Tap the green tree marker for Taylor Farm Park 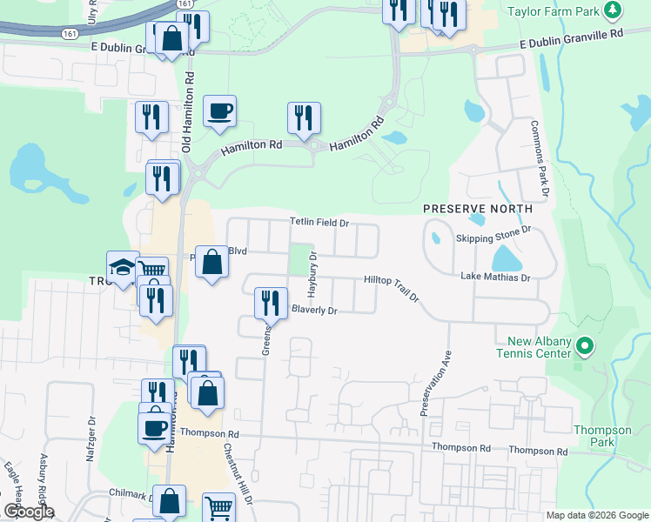point(614,10)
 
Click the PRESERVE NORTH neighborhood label point(478,209)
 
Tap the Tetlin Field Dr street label point(319,224)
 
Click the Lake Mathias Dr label point(495,278)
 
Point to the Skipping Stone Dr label point(493,235)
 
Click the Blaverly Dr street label point(314,310)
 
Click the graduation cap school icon point(122,266)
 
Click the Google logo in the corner point(29,512)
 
